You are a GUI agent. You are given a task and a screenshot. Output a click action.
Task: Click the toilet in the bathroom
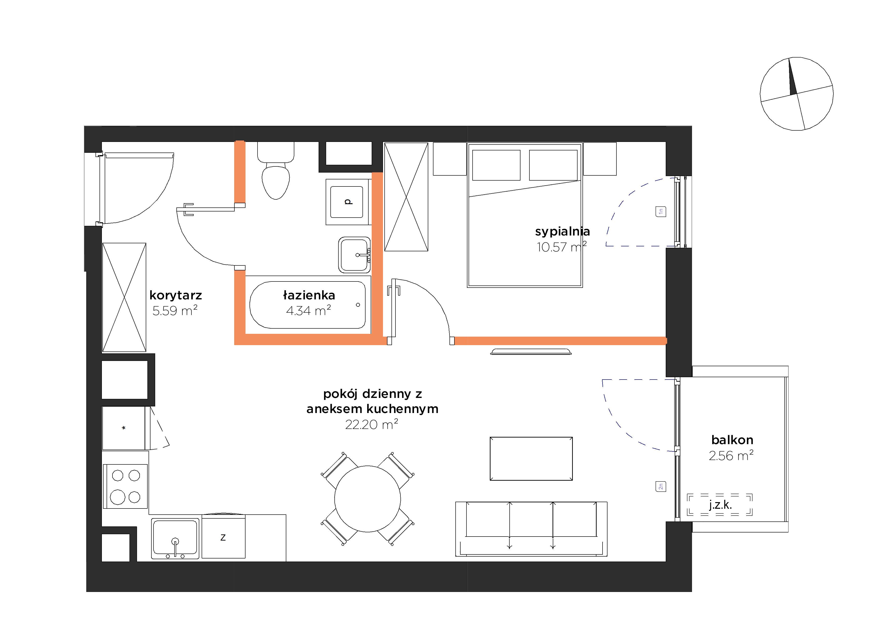[x=276, y=170]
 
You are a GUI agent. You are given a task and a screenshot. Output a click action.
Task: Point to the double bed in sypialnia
[x=525, y=215]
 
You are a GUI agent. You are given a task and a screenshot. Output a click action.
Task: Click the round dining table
[x=367, y=499]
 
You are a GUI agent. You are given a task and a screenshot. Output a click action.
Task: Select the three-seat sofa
[x=531, y=529]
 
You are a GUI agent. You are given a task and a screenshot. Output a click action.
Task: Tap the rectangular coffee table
[x=531, y=459]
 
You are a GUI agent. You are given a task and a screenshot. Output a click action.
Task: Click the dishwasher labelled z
[x=223, y=537]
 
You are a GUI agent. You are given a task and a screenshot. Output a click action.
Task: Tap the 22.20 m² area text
[x=372, y=425]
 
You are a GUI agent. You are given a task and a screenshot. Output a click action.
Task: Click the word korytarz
[x=176, y=295]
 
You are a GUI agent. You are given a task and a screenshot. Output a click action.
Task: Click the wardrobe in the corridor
[x=124, y=298]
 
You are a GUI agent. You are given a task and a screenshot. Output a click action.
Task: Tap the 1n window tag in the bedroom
[x=661, y=211]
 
